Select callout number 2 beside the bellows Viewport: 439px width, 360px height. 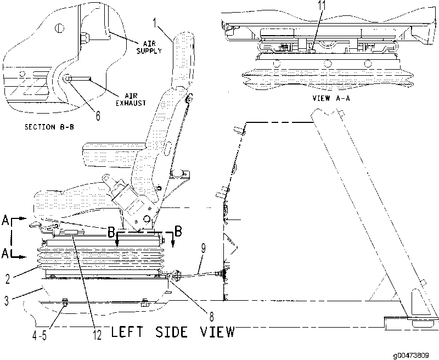tap(8, 279)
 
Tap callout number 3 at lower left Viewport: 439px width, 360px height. tap(6, 300)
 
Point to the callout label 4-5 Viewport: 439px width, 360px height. tap(40, 335)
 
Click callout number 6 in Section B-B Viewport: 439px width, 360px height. tap(98, 116)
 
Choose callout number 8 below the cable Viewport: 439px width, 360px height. tap(212, 317)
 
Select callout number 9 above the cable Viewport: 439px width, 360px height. tap(204, 249)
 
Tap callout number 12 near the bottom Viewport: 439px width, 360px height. tap(97, 335)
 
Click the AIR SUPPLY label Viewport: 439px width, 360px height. tap(149, 47)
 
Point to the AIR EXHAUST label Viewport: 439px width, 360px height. tap(131, 99)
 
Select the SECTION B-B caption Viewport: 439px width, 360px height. tap(49, 127)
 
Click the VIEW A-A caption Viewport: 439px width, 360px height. tap(331, 98)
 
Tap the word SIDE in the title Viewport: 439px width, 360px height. tap(171, 332)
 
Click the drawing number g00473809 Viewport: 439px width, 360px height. tap(410, 356)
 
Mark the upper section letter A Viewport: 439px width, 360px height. tap(5, 220)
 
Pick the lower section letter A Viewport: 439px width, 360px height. tap(5, 254)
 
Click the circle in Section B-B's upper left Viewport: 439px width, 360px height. tap(59, 28)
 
